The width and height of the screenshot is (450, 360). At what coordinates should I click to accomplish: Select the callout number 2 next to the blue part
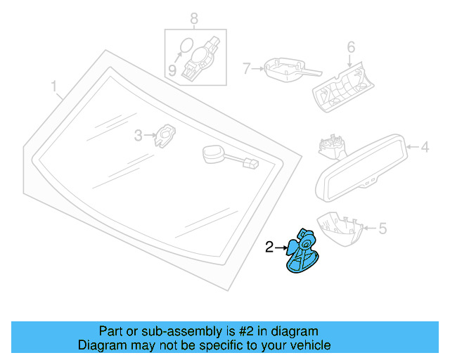[x=269, y=247]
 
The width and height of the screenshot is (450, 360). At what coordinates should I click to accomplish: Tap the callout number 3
[x=139, y=135]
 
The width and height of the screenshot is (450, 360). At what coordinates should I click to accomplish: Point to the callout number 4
[x=425, y=148]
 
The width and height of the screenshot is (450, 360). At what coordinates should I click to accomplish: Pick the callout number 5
[x=382, y=228]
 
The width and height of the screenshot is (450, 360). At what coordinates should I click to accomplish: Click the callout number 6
[x=351, y=48]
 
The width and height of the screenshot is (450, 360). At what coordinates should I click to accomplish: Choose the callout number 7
[x=247, y=69]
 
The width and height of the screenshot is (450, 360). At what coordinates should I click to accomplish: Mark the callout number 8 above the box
[x=194, y=18]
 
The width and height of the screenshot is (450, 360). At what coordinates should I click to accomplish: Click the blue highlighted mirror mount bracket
[x=302, y=252]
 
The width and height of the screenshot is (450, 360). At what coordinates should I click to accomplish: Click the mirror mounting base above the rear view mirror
[x=331, y=146]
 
